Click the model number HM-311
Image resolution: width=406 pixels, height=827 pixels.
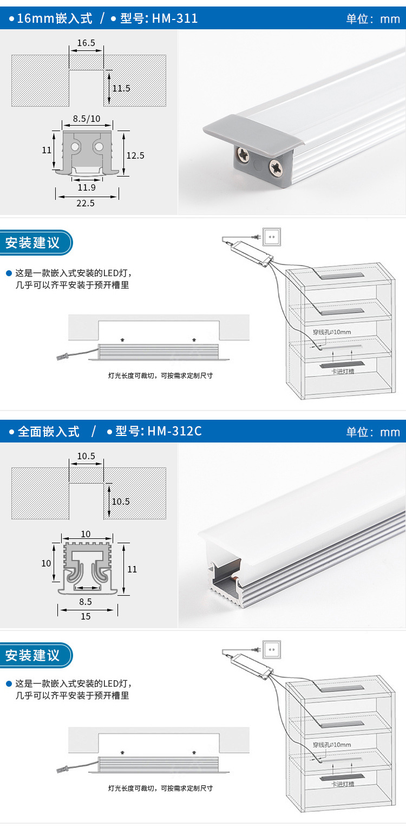175,19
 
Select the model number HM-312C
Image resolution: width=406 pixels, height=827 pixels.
174,432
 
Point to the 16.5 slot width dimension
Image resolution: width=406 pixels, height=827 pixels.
86,43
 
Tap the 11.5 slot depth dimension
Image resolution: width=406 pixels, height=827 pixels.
121,88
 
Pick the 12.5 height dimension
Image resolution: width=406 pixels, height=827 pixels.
135,155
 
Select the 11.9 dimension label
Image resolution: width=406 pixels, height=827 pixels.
87,187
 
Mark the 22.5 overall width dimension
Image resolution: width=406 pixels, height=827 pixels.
86,203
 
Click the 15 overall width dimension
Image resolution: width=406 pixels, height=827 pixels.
86,616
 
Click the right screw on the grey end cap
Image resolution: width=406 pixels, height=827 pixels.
276,167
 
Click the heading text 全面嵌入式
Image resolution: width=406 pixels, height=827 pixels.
49,432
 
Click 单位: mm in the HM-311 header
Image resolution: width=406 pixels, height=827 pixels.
373,19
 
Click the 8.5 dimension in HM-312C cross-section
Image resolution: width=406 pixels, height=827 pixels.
86,601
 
